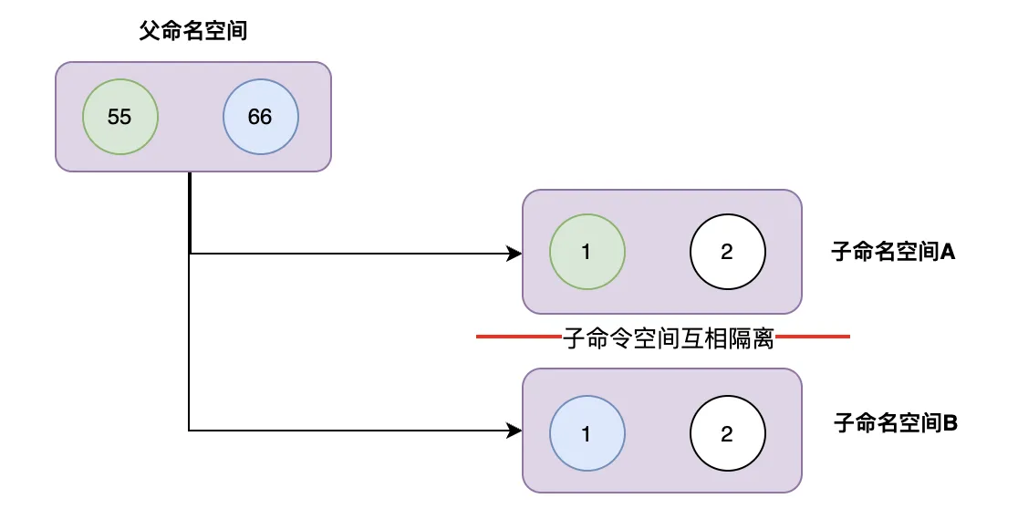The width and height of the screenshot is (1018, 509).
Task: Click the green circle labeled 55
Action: pyautogui.click(x=120, y=117)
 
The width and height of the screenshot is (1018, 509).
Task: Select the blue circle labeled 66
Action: pyautogui.click(x=261, y=117)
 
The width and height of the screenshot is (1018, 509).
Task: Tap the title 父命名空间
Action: pyautogui.click(x=193, y=30)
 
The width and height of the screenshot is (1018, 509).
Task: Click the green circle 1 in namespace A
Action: pyautogui.click(x=587, y=252)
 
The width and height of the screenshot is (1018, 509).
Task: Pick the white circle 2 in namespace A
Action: pyautogui.click(x=728, y=252)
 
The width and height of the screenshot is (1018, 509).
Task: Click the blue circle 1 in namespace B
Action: pyautogui.click(x=587, y=433)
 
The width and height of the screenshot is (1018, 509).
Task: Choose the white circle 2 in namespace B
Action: pyautogui.click(x=728, y=433)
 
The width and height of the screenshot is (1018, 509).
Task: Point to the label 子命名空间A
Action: pyautogui.click(x=893, y=252)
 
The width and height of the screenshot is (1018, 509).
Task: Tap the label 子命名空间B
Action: pyautogui.click(x=895, y=423)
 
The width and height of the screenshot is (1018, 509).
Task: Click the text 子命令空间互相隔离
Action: pyautogui.click(x=669, y=338)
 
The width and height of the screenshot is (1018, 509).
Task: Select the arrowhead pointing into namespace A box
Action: pyautogui.click(x=514, y=254)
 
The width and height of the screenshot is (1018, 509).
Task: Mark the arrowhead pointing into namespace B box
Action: pyautogui.click(x=514, y=430)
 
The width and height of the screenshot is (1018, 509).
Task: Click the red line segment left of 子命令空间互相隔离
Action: pyautogui.click(x=519, y=337)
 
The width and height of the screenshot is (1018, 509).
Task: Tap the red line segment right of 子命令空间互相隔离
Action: pyautogui.click(x=813, y=337)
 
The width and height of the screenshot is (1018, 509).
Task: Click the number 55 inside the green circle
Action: pyautogui.click(x=119, y=117)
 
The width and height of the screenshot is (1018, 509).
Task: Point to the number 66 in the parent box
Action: pyautogui.click(x=260, y=117)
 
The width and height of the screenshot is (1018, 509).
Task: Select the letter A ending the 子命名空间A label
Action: pyautogui.click(x=948, y=252)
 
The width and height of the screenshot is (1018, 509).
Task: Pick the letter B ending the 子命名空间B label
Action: pyautogui.click(x=950, y=423)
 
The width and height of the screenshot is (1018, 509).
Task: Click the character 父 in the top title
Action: pyautogui.click(x=150, y=30)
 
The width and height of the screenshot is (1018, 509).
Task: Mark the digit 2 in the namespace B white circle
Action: pyautogui.click(x=727, y=433)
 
